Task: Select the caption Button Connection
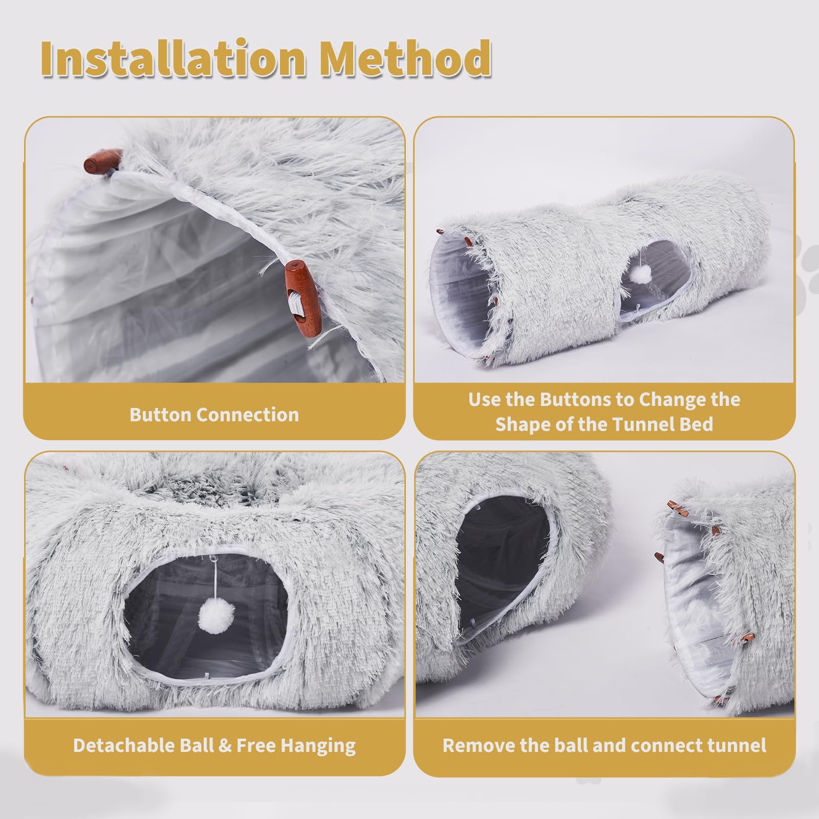pos(214,415)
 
